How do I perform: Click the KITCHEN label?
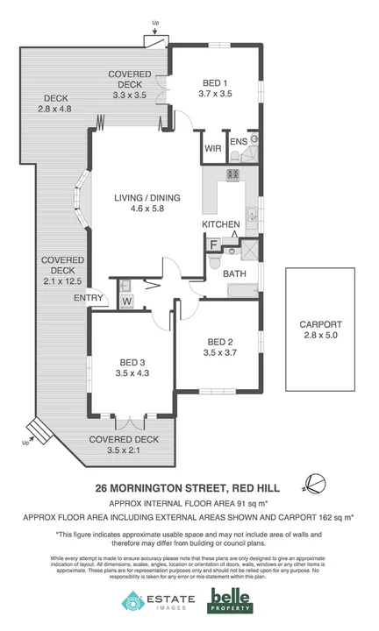[x=221, y=225]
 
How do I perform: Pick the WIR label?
[x=212, y=149]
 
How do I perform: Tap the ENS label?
[x=238, y=140]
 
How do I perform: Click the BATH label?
[x=234, y=274]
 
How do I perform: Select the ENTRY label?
[x=88, y=299]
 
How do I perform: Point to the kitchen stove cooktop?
[x=234, y=175]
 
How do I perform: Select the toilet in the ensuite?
[x=236, y=156]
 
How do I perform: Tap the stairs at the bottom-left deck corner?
[x=38, y=430]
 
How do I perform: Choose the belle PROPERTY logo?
[x=230, y=601]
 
